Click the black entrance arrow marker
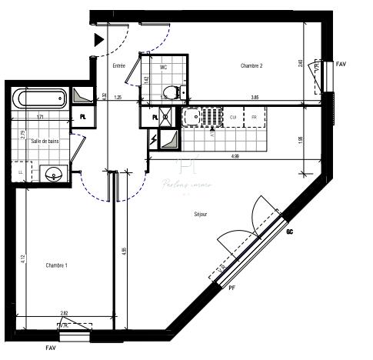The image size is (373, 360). (98, 41)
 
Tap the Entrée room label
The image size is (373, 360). (118, 66)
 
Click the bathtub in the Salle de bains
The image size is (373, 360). (38, 98)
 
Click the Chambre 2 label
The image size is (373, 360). (251, 66)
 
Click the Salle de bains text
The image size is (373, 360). (45, 142)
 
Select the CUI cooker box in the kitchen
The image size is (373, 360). (232, 117)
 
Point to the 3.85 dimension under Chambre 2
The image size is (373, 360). (254, 98)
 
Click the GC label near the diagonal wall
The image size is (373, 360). (290, 232)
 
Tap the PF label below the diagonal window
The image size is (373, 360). (231, 288)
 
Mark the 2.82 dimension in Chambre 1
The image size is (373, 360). (65, 313)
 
